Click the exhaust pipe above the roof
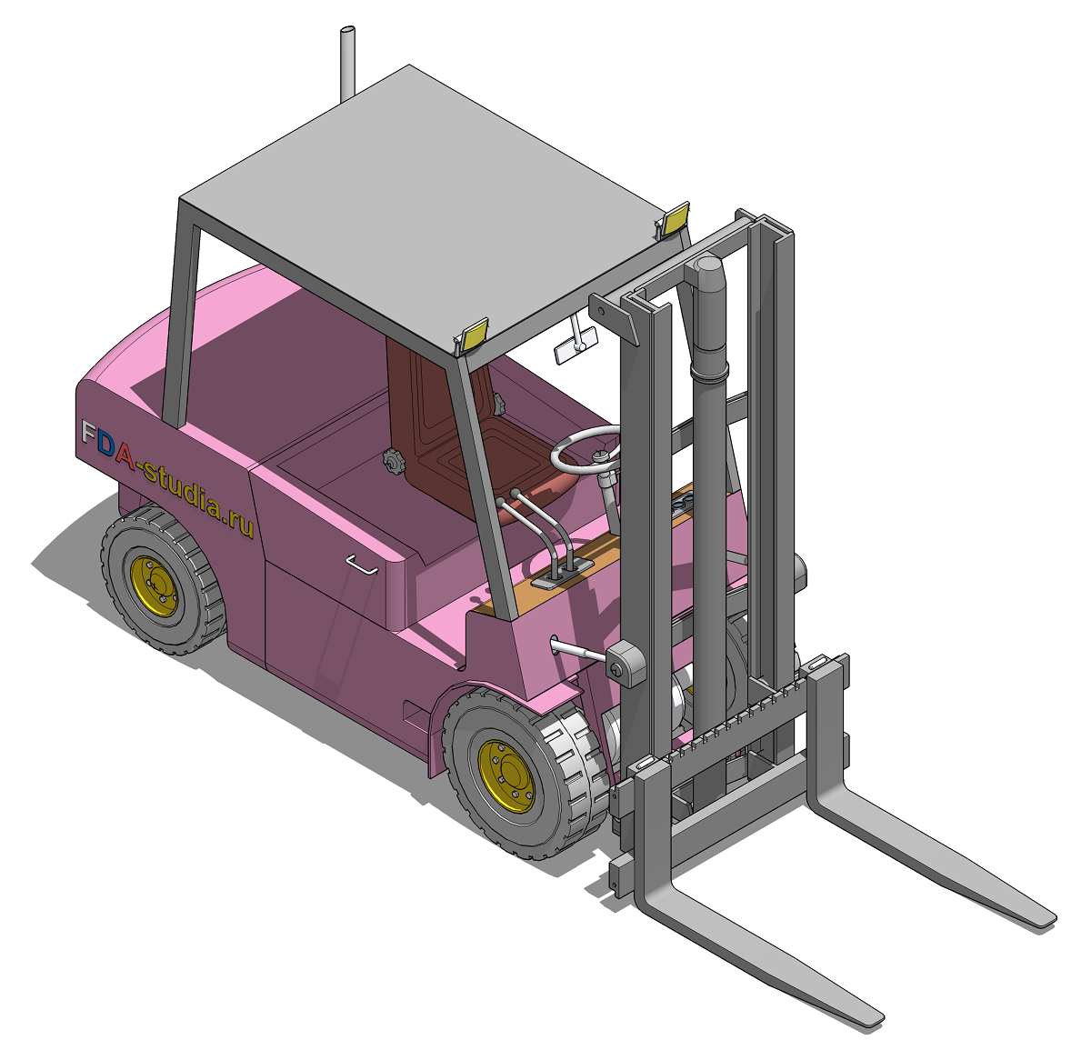point(347,62)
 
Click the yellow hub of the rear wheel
point(154,586)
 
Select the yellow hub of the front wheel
point(506,775)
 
